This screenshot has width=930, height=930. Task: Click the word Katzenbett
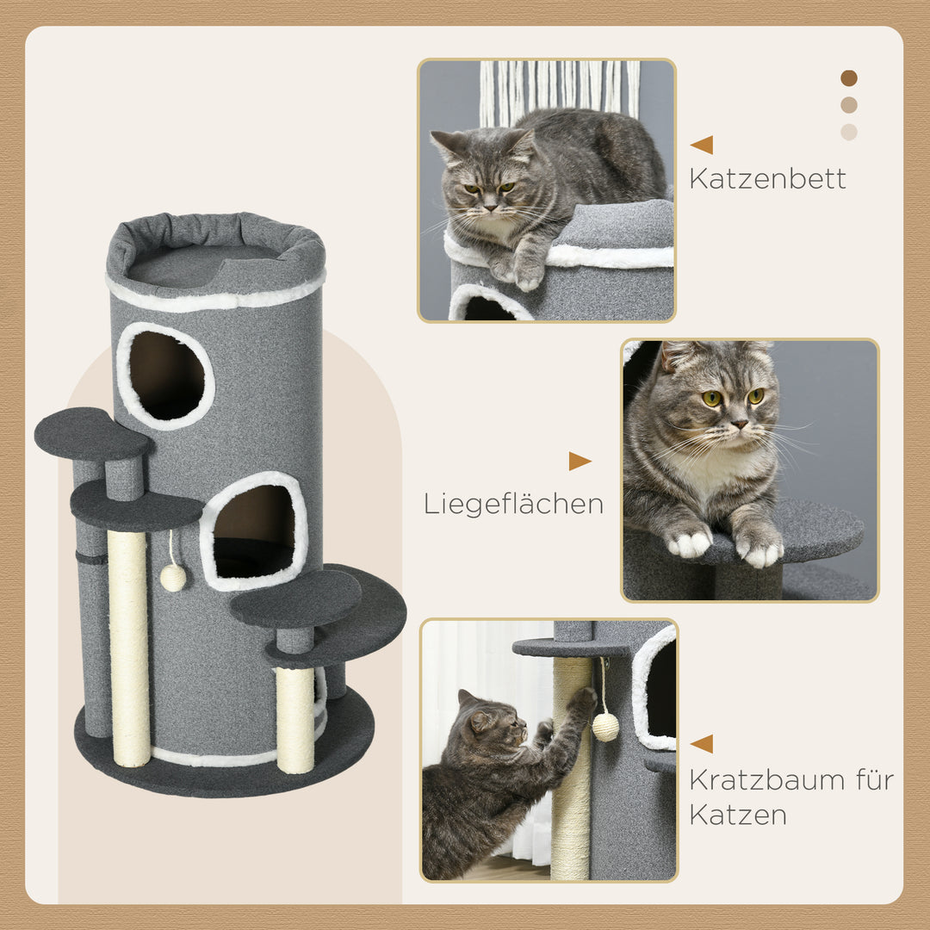click(x=767, y=178)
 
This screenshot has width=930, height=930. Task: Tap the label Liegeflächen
click(x=513, y=504)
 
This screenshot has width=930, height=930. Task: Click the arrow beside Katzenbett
click(x=702, y=145)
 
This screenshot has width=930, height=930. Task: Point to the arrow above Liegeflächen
click(x=580, y=462)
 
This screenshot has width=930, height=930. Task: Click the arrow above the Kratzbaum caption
click(x=702, y=744)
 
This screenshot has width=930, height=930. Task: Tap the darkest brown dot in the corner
click(x=849, y=78)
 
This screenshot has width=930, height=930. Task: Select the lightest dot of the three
click(x=849, y=132)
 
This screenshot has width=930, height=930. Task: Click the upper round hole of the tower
click(x=166, y=375)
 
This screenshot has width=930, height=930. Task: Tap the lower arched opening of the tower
click(x=254, y=531)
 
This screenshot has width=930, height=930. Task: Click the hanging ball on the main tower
click(x=173, y=577)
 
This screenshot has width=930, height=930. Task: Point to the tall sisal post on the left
click(x=128, y=646)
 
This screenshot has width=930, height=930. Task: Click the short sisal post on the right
click(x=295, y=719)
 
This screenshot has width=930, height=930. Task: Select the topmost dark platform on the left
click(x=91, y=433)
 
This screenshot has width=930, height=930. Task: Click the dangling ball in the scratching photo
click(x=605, y=727)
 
